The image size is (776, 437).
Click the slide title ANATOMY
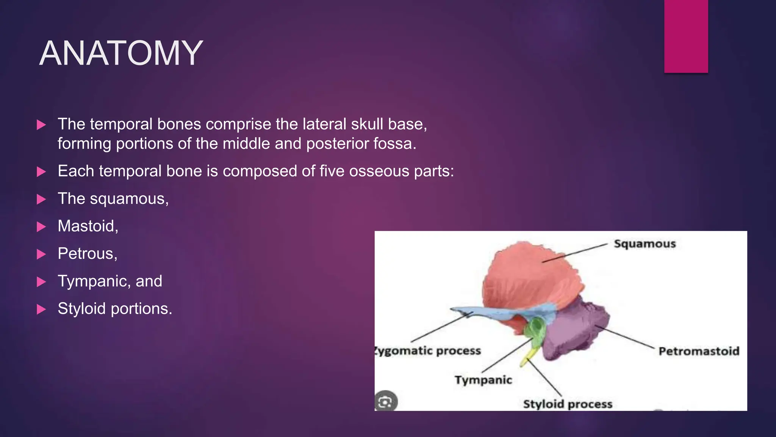[121, 53]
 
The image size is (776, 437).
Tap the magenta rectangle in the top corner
[686, 36]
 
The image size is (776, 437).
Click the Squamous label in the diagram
[645, 244]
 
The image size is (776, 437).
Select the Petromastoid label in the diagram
[699, 351]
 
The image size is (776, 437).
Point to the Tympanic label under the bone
[483, 380]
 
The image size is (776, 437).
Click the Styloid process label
[567, 404]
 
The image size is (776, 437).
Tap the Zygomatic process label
[428, 351]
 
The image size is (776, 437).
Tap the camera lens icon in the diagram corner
[386, 401]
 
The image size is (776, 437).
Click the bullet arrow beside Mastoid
[41, 227]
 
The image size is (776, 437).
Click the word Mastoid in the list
[86, 226]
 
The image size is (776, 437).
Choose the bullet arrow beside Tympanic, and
[41, 282]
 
